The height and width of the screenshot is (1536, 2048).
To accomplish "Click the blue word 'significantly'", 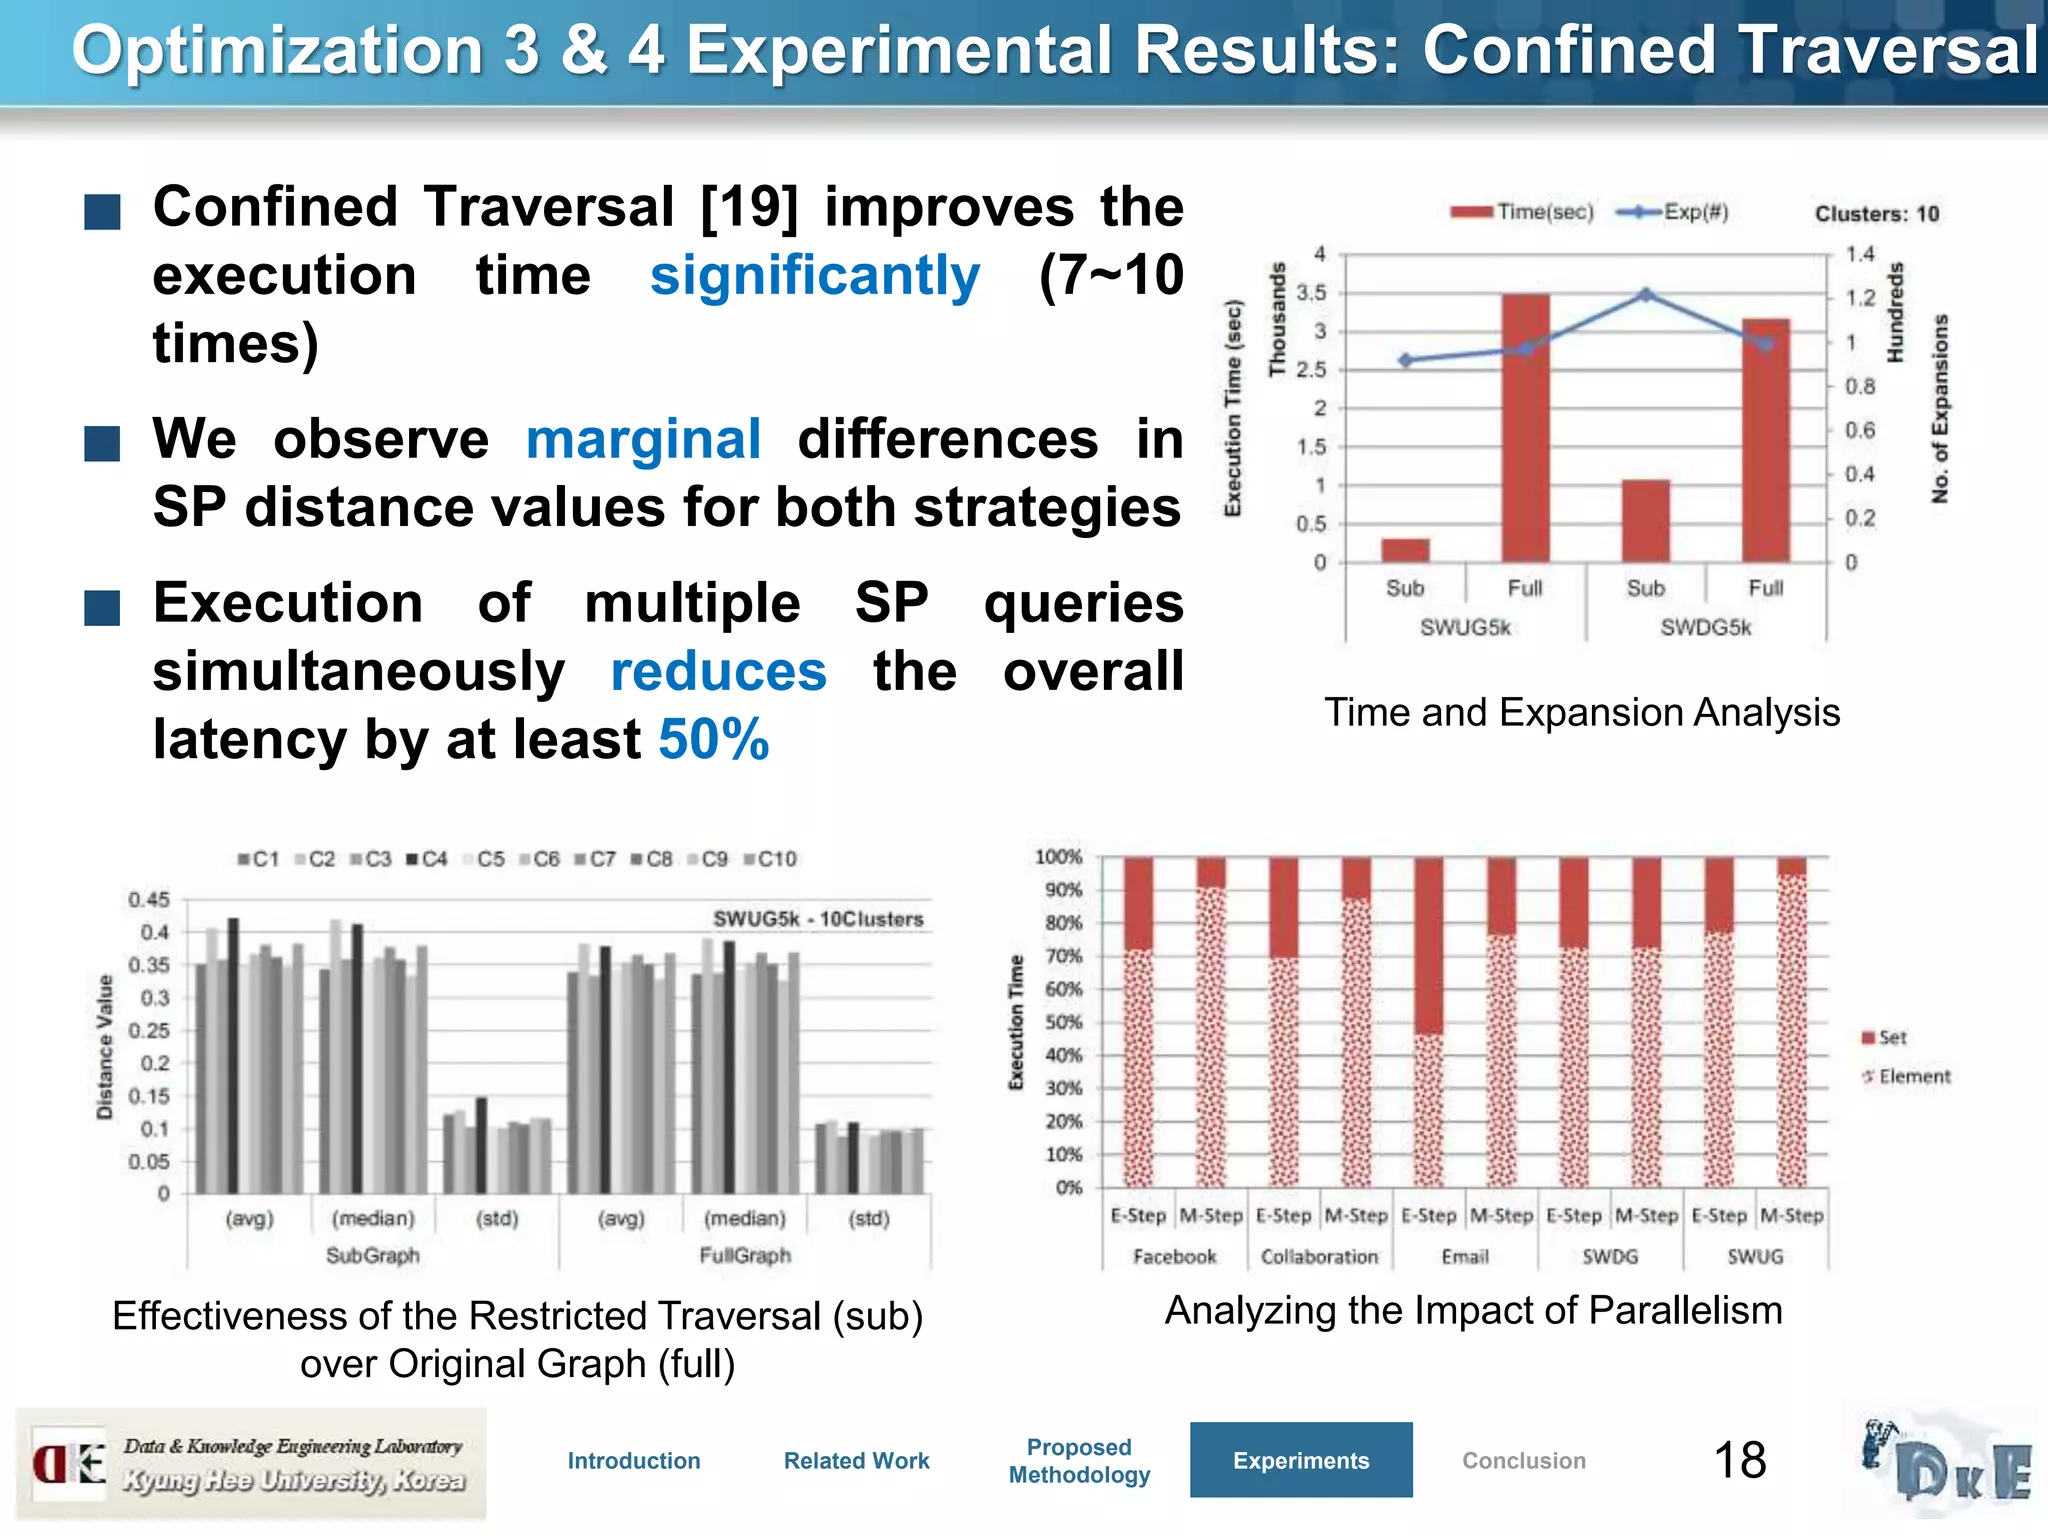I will pos(814,276).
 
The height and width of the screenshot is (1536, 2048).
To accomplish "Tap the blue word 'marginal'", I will pos(643,440).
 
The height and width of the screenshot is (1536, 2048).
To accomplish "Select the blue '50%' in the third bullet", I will pos(713,740).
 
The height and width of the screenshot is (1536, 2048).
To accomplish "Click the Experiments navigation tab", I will pos(1300,1460).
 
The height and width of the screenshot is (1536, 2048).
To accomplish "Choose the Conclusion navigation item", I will pos(1523,1461).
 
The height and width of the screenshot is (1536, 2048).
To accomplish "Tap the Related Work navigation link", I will pos(856,1461).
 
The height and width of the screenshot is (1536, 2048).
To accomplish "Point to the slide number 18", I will pos(1739,1460).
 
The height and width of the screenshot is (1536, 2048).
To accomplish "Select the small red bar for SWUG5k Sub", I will pos(1405,550).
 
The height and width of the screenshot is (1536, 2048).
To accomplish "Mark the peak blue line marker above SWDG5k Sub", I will pos(1646,294).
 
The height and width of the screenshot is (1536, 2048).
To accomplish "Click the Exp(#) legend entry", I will pos(1674,212).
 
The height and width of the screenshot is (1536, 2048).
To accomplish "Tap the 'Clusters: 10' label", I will pos(1876,214).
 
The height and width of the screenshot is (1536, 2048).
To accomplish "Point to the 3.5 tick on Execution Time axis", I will pos(1311,293).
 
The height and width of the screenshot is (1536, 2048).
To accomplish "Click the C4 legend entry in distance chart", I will pos(427,859).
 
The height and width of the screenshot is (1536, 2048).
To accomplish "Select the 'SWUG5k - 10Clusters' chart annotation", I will pos(817,919).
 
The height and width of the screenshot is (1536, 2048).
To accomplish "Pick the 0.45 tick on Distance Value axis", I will pos(149,900).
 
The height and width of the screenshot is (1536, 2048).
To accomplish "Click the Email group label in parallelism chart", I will pos(1464,1257).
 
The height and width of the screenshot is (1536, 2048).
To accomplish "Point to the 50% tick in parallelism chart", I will pos(1064,1022).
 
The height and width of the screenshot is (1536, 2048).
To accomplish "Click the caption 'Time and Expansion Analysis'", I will pos(1581,713).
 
